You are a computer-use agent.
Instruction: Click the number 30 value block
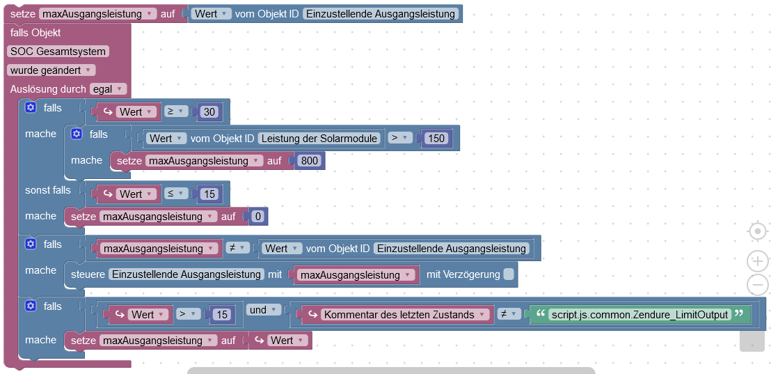[x=209, y=111]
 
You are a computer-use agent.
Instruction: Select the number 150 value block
[x=436, y=138]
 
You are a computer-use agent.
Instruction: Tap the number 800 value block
[x=309, y=161]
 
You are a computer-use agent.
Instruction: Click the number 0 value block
[x=257, y=217]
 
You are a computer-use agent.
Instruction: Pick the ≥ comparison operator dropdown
[x=176, y=111]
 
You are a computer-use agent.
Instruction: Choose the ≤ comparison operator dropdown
[x=176, y=194]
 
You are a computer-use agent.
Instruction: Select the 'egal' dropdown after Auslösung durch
[x=108, y=89]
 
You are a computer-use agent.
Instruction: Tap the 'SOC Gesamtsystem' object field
[x=58, y=51]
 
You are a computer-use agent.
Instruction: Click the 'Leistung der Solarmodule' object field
[x=321, y=138]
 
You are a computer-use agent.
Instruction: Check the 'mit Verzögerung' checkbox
[x=509, y=274]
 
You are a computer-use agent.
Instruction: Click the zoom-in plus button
[x=757, y=261]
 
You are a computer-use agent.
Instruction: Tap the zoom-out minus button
[x=757, y=285]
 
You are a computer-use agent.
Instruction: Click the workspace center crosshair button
[x=757, y=231]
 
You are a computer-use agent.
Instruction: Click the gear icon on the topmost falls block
[x=30, y=108]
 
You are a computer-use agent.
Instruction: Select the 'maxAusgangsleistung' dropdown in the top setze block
[x=98, y=14]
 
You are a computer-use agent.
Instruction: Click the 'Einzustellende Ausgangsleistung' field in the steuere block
[x=186, y=274]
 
